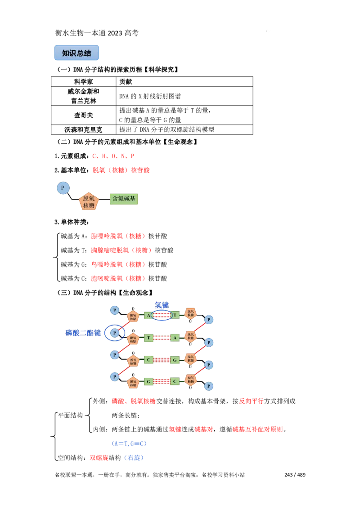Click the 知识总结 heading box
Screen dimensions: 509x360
(x=76, y=53)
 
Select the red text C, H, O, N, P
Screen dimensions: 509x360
(x=113, y=156)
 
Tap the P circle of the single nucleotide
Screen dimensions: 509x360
(x=63, y=188)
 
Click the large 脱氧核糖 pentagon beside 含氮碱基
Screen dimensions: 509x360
(x=89, y=202)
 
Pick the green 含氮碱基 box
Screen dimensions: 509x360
(x=123, y=199)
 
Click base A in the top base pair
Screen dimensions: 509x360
(x=148, y=315)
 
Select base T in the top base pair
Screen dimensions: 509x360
(x=175, y=315)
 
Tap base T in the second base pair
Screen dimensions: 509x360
(x=148, y=338)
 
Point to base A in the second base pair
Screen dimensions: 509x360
(x=175, y=338)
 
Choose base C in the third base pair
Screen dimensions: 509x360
(x=148, y=360)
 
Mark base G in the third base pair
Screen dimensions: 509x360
(x=175, y=360)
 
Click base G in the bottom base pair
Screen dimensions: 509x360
(x=148, y=381)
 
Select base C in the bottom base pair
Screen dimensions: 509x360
(x=175, y=381)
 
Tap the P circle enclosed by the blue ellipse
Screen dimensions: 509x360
(x=115, y=333)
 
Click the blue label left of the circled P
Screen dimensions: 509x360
(x=83, y=333)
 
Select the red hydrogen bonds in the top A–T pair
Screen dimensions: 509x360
(x=162, y=315)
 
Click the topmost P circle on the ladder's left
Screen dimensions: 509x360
(x=115, y=310)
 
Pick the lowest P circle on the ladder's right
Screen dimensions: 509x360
(x=209, y=386)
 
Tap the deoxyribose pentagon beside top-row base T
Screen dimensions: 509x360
(x=190, y=314)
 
